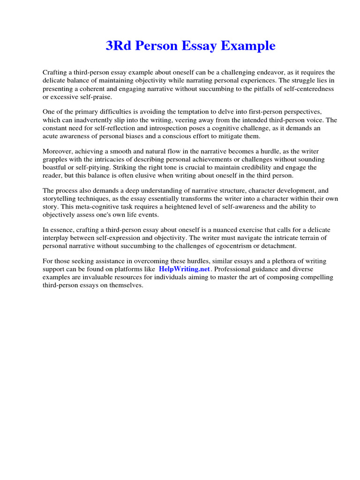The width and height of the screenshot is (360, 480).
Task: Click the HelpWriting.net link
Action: [185, 269]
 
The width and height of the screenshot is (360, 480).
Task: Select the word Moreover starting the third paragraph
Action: [58, 151]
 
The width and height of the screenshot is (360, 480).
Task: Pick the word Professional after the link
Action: [234, 269]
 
